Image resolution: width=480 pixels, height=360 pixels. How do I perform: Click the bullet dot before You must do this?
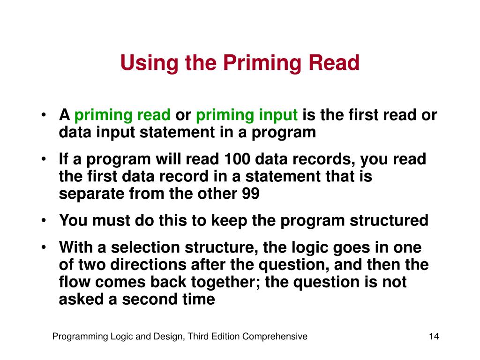click(x=43, y=220)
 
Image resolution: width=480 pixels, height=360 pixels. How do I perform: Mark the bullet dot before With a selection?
click(x=43, y=247)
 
